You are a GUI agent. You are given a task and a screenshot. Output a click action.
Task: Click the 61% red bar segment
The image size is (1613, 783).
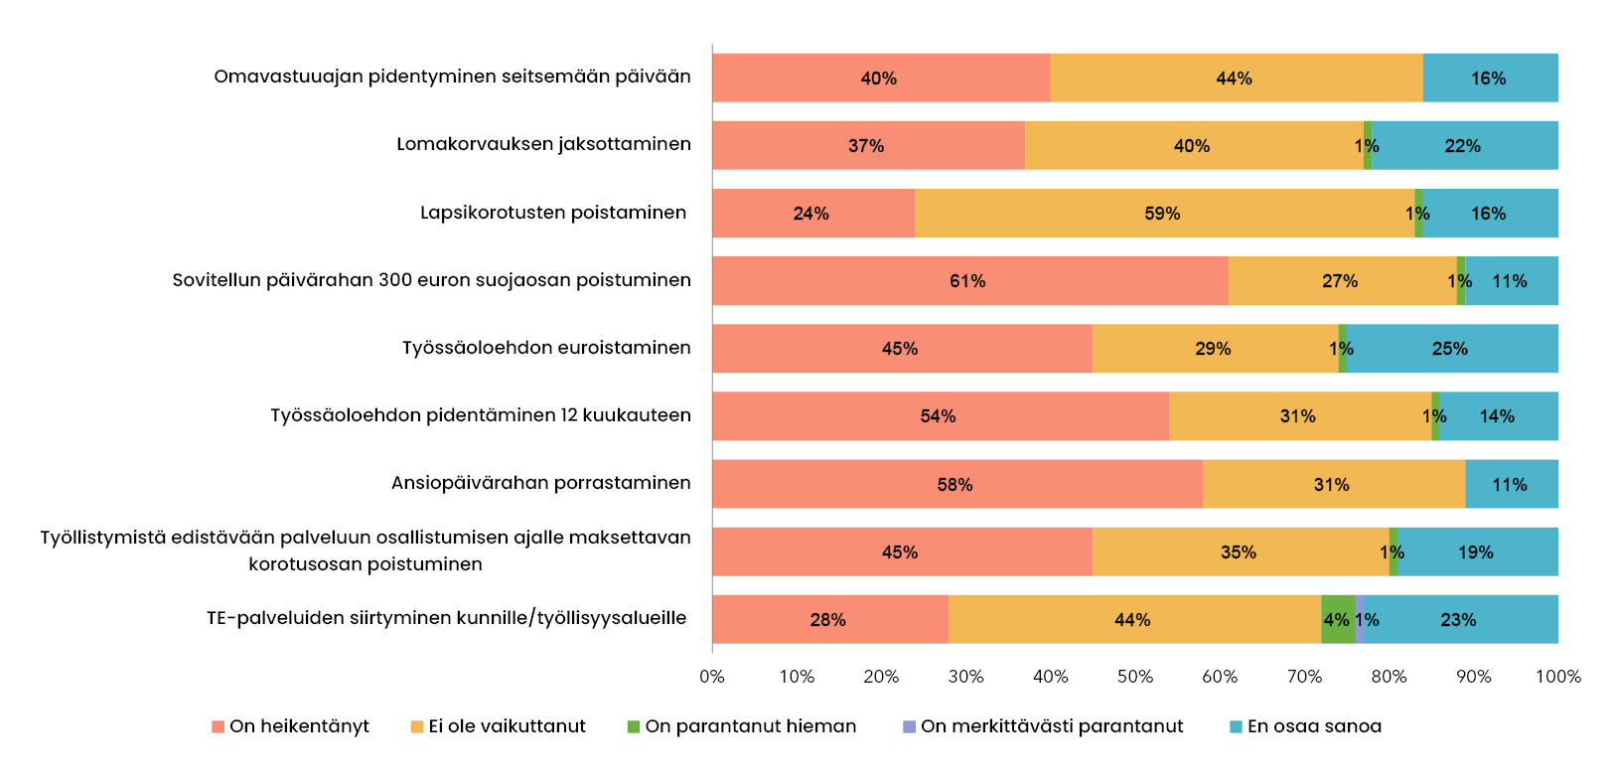click(969, 281)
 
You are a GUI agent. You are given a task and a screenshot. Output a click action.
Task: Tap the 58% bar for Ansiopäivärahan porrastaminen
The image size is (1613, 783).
click(956, 484)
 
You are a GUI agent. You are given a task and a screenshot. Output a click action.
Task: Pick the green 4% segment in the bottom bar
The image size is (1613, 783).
click(1337, 619)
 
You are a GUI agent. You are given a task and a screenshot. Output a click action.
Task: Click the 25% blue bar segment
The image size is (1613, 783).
click(1451, 349)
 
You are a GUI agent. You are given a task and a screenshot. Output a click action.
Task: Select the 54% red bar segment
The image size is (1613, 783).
click(940, 416)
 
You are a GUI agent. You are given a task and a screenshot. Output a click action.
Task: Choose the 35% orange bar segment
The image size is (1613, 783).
click(1240, 551)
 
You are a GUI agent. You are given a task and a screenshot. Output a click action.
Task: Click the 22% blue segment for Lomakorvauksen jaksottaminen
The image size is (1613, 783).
click(1464, 146)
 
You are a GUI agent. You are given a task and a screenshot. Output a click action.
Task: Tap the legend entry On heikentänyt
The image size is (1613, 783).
click(290, 726)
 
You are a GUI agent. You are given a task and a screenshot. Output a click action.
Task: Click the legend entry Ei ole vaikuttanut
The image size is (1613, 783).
click(499, 726)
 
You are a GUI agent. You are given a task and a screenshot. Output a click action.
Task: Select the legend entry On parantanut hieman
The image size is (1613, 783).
click(742, 726)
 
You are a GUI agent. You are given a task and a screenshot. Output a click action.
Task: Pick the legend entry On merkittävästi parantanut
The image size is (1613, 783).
click(1043, 726)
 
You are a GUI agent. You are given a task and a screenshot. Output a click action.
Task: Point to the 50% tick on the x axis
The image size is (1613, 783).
click(1135, 677)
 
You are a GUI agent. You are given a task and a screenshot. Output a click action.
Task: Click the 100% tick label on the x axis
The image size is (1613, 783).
click(1557, 677)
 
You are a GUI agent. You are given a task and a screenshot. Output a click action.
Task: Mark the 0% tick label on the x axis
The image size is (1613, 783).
click(712, 677)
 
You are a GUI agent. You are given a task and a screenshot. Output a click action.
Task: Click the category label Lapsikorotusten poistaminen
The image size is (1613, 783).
click(553, 213)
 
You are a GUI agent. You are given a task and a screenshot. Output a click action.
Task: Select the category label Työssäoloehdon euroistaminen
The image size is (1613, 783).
click(546, 348)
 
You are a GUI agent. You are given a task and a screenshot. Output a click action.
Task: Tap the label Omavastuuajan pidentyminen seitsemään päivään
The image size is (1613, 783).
click(452, 77)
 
